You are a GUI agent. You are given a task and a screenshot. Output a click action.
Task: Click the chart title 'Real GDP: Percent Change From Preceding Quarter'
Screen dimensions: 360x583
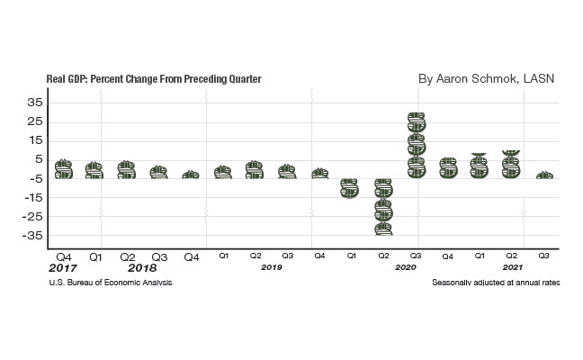[153, 79]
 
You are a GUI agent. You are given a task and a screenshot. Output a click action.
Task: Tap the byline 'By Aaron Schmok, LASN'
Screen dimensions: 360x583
[487, 79]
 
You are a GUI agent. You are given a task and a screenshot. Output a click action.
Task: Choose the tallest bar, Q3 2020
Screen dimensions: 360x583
[416, 145]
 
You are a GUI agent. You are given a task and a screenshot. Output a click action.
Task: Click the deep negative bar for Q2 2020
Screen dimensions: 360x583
[383, 206]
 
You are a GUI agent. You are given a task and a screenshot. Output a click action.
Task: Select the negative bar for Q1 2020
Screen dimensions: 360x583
[351, 187]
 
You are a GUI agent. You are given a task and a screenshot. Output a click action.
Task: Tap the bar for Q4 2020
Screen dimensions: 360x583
[447, 167]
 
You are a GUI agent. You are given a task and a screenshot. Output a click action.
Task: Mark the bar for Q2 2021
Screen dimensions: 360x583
[512, 164]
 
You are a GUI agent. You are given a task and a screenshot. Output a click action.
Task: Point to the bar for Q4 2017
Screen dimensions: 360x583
[63, 169]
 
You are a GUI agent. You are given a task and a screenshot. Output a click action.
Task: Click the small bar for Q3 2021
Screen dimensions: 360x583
[544, 175]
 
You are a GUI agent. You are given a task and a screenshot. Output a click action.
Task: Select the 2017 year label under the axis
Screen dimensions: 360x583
[64, 268]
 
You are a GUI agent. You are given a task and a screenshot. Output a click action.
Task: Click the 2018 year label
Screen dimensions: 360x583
[142, 268]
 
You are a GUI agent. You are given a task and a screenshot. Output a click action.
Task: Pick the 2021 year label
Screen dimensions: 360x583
[512, 268]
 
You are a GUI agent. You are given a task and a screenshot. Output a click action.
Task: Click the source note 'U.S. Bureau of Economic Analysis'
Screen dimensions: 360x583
[112, 283]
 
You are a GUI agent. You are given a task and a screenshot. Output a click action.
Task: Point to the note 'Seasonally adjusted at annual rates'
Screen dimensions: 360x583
[496, 283]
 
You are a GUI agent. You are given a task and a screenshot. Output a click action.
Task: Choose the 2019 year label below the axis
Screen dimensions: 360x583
[272, 268]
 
